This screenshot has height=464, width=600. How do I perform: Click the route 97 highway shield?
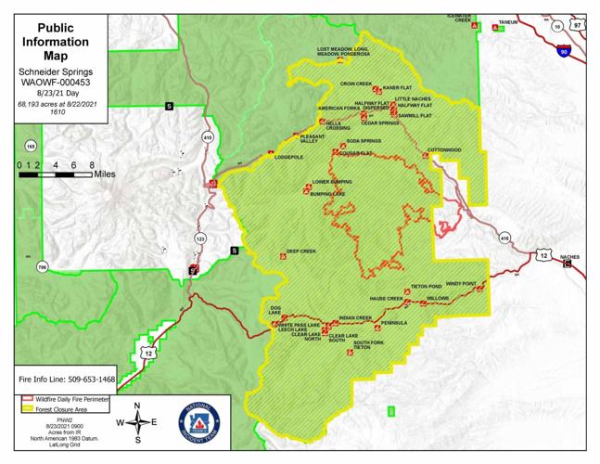pyautogui.click(x=578, y=26)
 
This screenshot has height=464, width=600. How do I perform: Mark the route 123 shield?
pyautogui.click(x=200, y=238)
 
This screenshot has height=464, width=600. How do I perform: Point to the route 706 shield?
pyautogui.click(x=42, y=267)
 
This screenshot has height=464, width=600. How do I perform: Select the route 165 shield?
pyautogui.click(x=31, y=146)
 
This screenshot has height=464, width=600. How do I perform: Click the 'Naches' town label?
pyautogui.click(x=570, y=256)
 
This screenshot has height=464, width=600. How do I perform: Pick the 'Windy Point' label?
pyautogui.click(x=461, y=283)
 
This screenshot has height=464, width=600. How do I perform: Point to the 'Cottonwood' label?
pyautogui.click(x=444, y=149)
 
